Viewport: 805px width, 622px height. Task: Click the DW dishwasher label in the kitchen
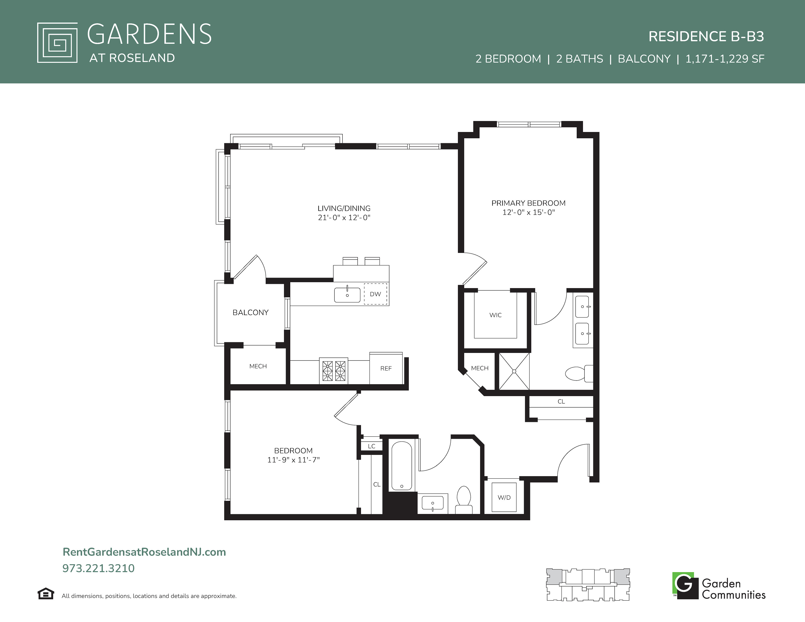[375, 294]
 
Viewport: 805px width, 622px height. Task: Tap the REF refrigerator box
[386, 368]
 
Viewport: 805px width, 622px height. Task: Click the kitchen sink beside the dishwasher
[347, 295]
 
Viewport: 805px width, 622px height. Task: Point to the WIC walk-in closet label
[495, 315]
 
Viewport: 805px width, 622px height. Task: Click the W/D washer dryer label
[504, 497]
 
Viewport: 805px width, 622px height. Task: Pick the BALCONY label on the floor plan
[251, 312]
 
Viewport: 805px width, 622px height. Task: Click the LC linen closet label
[372, 446]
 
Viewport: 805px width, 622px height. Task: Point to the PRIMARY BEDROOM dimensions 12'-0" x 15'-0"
[529, 212]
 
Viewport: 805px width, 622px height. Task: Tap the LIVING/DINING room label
[344, 208]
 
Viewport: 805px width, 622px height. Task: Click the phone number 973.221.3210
[98, 568]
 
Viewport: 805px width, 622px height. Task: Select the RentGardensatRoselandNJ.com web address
[144, 552]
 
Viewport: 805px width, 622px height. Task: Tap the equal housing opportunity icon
[46, 594]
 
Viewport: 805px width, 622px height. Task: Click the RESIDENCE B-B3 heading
[706, 37]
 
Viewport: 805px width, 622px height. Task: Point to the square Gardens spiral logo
[57, 43]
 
